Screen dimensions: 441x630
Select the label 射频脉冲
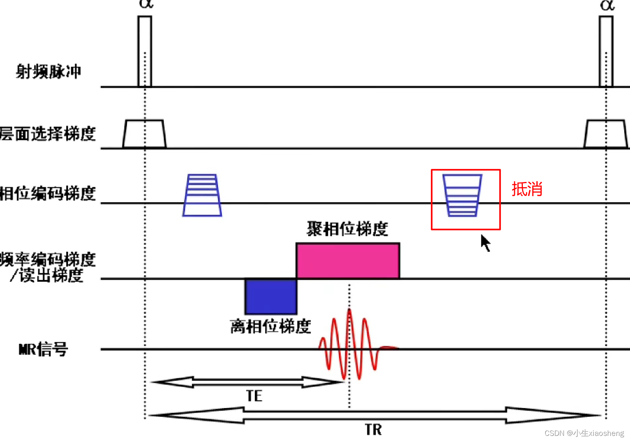[x=48, y=72]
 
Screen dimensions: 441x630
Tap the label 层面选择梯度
[x=47, y=134]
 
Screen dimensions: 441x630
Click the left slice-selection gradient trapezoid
[x=144, y=134]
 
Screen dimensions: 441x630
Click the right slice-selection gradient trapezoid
[x=605, y=134]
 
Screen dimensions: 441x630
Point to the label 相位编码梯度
[x=47, y=193]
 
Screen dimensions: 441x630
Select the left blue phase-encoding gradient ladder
[x=202, y=195]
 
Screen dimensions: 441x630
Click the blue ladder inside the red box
[x=462, y=195]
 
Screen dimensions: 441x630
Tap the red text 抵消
[x=527, y=189]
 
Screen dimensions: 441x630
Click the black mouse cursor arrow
[x=485, y=242]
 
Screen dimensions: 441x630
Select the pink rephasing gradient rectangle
[x=348, y=261]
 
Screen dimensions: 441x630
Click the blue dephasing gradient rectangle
[x=271, y=297]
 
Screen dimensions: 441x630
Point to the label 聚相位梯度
[x=347, y=229]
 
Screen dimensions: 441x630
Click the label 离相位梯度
[x=270, y=327]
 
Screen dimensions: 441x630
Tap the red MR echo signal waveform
[x=349, y=344]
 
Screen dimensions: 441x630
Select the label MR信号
[x=43, y=349]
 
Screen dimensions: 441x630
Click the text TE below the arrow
[x=254, y=396]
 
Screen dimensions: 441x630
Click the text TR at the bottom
[x=373, y=430]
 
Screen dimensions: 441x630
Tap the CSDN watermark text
[x=584, y=433]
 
